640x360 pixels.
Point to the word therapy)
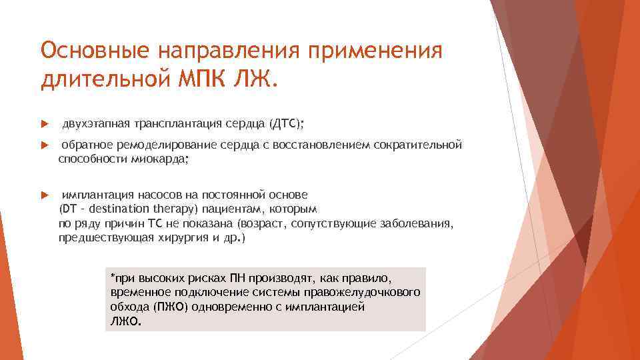[x=171, y=209]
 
